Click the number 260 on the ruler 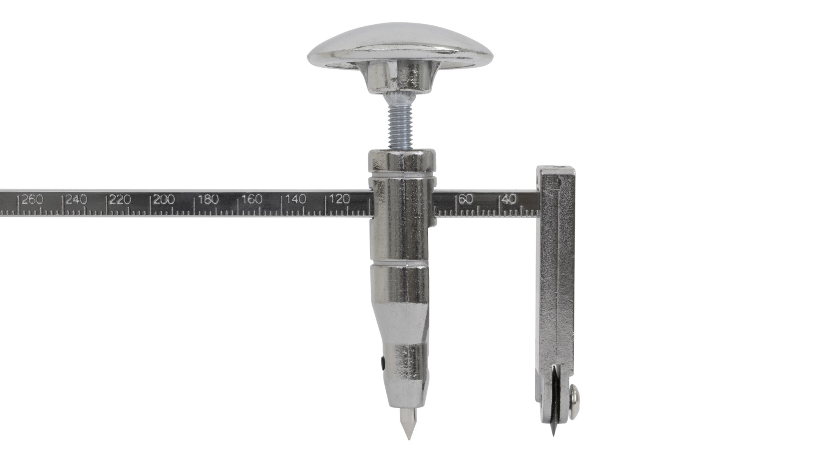32,200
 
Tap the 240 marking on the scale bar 76,200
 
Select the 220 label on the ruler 120,200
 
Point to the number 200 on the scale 164,200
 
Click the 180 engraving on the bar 208,200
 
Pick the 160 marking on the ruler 252,200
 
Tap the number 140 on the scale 296,200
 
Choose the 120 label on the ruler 340,200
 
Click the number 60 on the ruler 466,200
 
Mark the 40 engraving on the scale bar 510,200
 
